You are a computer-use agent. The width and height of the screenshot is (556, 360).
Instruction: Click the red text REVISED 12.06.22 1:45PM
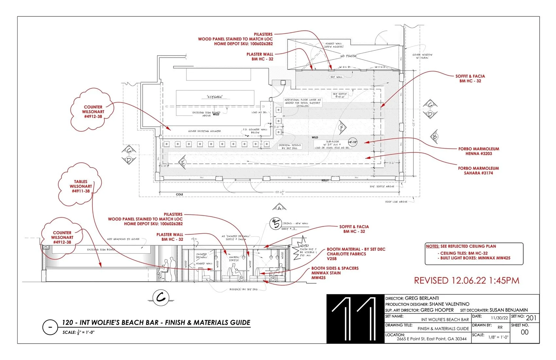pyautogui.click(x=466, y=280)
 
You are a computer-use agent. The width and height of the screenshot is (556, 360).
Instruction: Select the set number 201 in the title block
pyautogui.click(x=531, y=318)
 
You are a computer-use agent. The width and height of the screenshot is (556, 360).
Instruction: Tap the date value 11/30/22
pyautogui.click(x=499, y=318)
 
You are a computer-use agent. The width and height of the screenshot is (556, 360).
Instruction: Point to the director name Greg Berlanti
pyautogui.click(x=422, y=298)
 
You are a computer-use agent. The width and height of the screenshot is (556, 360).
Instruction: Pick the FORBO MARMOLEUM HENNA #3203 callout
pyautogui.click(x=478, y=151)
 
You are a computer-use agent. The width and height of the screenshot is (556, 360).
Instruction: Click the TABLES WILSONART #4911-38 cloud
pyautogui.click(x=80, y=186)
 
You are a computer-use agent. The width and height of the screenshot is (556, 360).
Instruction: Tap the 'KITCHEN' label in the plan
pyautogui.click(x=215, y=97)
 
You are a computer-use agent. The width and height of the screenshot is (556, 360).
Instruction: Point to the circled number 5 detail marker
pyautogui.click(x=276, y=224)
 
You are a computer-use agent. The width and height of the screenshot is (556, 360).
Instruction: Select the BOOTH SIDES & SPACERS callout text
pyautogui.click(x=335, y=273)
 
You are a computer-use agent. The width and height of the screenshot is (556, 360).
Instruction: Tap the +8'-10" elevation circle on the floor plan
pyautogui.click(x=352, y=142)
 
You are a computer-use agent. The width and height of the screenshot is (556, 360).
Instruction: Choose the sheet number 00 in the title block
pyautogui.click(x=524, y=332)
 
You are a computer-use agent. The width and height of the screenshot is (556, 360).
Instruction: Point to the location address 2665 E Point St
pyautogui.click(x=431, y=339)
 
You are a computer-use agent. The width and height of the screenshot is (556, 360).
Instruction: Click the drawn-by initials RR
pyautogui.click(x=500, y=327)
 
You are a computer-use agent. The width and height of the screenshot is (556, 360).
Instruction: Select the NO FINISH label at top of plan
pyautogui.click(x=348, y=56)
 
